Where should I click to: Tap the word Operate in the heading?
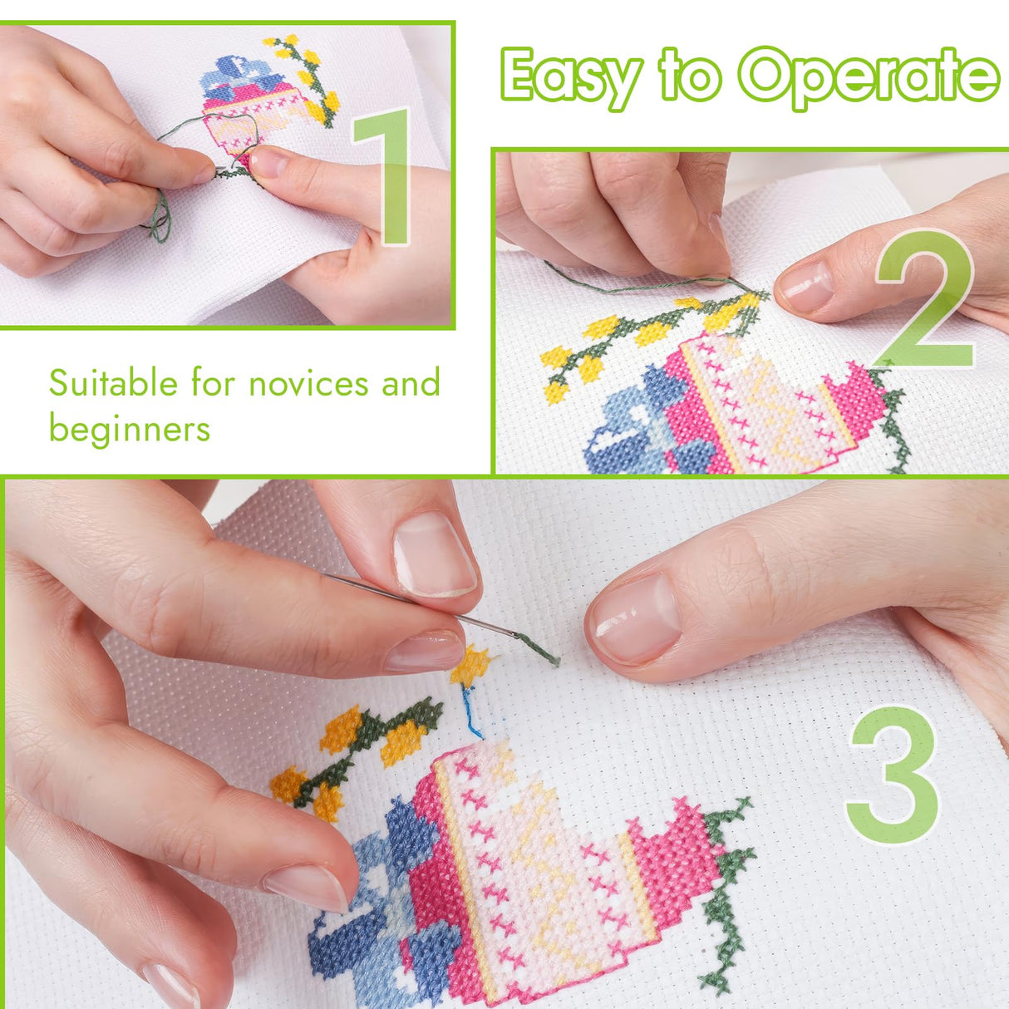point(869,77)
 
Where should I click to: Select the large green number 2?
point(925,298)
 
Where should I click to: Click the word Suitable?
point(114,383)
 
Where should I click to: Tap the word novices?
point(308,384)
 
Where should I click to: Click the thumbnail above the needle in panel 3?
point(434,555)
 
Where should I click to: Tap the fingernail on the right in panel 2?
point(806,287)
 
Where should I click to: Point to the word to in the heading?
point(690,76)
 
